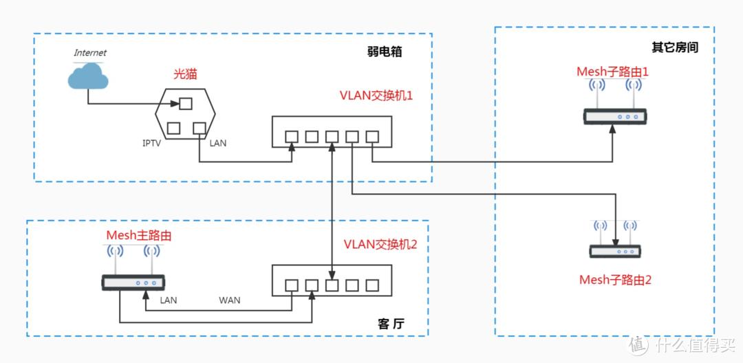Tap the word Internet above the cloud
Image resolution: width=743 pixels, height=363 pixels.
click(x=90, y=53)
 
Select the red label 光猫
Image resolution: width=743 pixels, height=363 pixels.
click(x=184, y=73)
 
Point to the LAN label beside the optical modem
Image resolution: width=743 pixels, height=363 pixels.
click(x=217, y=143)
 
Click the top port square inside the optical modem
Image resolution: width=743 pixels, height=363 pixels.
click(x=185, y=104)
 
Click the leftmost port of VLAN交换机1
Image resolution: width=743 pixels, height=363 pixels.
click(x=292, y=136)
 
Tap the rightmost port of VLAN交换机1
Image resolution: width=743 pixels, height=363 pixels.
click(x=372, y=136)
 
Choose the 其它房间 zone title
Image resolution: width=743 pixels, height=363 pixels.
click(x=675, y=47)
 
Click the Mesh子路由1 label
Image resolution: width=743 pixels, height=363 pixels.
click(x=613, y=71)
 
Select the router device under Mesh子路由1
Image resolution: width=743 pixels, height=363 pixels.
click(x=613, y=117)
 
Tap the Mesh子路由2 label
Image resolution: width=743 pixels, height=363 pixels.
click(x=614, y=280)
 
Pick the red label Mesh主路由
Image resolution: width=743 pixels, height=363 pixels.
click(x=138, y=235)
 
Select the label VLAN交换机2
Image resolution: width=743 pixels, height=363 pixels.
click(x=380, y=245)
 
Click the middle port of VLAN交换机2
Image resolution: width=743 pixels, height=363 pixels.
click(x=332, y=285)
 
